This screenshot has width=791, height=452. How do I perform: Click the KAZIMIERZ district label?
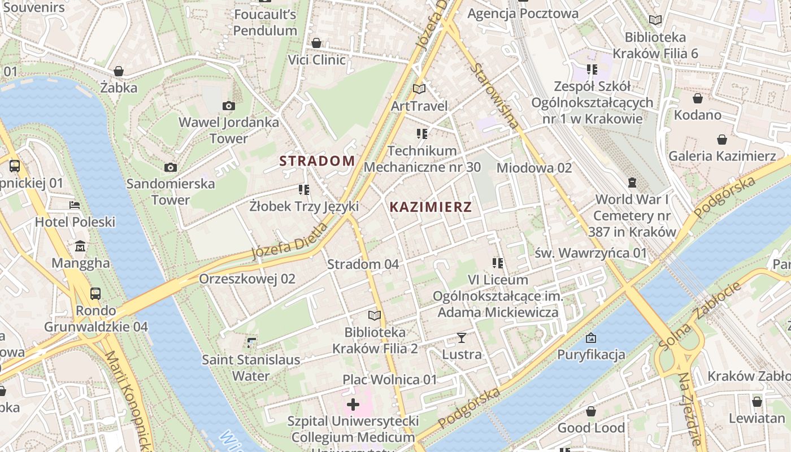tap(431, 207)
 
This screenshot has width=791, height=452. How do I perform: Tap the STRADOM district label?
tap(317, 161)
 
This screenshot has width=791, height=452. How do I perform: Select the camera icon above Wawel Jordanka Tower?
tap(229, 106)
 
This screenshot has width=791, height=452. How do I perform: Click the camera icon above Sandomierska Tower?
tap(171, 167)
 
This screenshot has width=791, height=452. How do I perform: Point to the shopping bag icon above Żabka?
tap(119, 71)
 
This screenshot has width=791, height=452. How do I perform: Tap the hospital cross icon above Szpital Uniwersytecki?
tap(353, 404)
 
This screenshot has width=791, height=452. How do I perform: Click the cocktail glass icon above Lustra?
tap(462, 338)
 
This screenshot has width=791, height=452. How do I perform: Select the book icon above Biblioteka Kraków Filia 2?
tap(375, 315)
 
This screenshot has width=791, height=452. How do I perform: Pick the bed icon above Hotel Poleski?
tap(75, 205)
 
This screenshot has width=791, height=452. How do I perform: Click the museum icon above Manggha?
tap(80, 246)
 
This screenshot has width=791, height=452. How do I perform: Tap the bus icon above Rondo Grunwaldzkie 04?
tap(95, 294)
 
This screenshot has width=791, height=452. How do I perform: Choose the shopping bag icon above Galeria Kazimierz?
tap(722, 139)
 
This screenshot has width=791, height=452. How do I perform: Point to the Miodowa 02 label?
tap(534, 168)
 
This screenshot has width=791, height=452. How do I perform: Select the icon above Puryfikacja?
tap(591, 338)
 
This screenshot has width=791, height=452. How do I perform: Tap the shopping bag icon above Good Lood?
tap(591, 411)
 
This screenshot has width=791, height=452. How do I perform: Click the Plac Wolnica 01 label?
tap(390, 379)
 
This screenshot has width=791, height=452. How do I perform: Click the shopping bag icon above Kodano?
tap(698, 98)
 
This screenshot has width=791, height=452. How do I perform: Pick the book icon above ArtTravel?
tap(419, 89)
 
